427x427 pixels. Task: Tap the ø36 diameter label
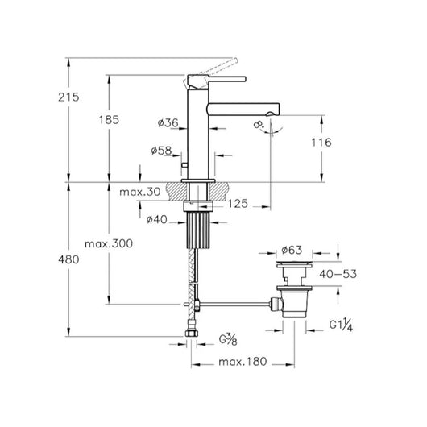click(168, 122)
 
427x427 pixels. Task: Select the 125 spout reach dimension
click(238, 204)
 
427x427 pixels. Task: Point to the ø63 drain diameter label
click(292, 250)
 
